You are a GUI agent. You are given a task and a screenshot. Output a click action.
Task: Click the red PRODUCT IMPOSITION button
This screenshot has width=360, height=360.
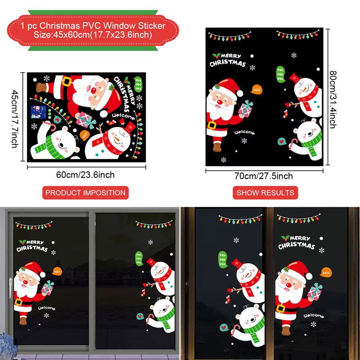85,193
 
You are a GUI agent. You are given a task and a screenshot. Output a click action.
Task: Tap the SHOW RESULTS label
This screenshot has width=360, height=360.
265,193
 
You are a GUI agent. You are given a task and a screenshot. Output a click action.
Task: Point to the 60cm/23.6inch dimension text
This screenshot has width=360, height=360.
85,175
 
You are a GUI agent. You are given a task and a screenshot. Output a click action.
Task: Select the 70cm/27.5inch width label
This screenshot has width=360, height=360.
263,176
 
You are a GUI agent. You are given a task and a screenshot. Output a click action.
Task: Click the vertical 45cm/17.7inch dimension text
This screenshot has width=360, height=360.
15,118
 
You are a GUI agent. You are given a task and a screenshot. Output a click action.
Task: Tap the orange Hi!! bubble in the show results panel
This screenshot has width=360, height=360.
257,90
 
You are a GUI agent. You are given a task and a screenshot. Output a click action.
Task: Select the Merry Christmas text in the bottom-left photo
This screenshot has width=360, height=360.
33,245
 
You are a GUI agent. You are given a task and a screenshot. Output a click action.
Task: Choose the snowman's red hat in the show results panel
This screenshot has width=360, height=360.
295,77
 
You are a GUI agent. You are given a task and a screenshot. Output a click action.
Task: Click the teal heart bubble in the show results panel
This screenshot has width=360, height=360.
282,141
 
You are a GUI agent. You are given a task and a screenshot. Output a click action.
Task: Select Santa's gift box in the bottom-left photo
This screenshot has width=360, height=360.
47,288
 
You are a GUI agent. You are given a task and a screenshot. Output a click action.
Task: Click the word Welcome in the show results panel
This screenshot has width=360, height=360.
244,133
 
